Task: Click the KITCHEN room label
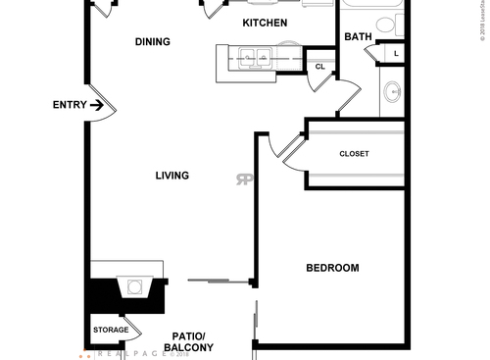click(x=265, y=23)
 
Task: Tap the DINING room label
click(x=152, y=42)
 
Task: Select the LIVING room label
click(x=171, y=176)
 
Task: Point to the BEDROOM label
click(x=332, y=268)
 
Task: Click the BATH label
click(x=357, y=38)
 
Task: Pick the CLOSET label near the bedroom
click(x=354, y=154)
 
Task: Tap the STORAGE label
click(x=111, y=330)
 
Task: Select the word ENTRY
click(x=69, y=105)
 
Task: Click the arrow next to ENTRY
click(x=97, y=105)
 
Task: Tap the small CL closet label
click(x=319, y=67)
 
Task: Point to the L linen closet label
click(x=395, y=53)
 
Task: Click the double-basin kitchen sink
click(x=253, y=59)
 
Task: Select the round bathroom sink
click(x=393, y=93)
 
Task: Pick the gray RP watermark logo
click(x=242, y=179)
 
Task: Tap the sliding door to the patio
click(x=220, y=282)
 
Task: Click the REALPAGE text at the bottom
click(x=122, y=354)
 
